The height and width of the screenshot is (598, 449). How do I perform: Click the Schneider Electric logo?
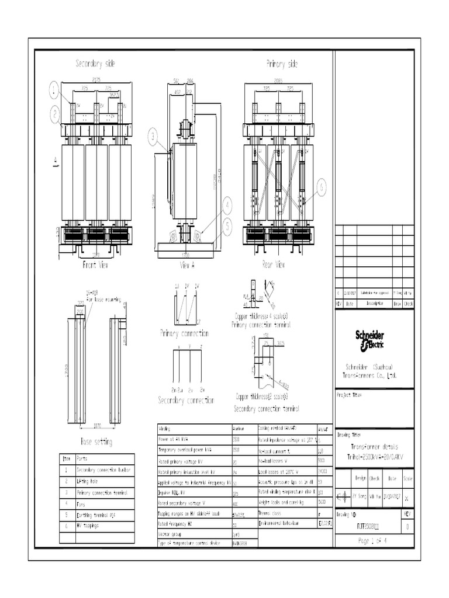[x=370, y=340]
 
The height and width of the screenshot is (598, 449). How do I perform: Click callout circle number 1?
[x=54, y=89]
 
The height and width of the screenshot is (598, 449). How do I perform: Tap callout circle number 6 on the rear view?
[x=321, y=187]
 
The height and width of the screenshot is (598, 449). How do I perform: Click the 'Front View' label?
[x=96, y=265]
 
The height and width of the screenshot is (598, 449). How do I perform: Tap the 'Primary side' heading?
[x=282, y=63]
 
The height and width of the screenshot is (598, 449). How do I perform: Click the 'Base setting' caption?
[x=96, y=442]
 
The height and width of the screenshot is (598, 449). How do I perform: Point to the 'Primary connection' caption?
[x=184, y=333]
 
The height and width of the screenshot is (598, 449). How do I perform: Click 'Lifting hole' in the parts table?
[x=88, y=481]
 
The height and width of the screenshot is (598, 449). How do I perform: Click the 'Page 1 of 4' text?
[x=372, y=541]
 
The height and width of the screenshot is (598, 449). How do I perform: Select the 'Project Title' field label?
[x=350, y=395]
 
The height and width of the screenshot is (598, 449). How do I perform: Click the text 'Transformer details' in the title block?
[x=372, y=446]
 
